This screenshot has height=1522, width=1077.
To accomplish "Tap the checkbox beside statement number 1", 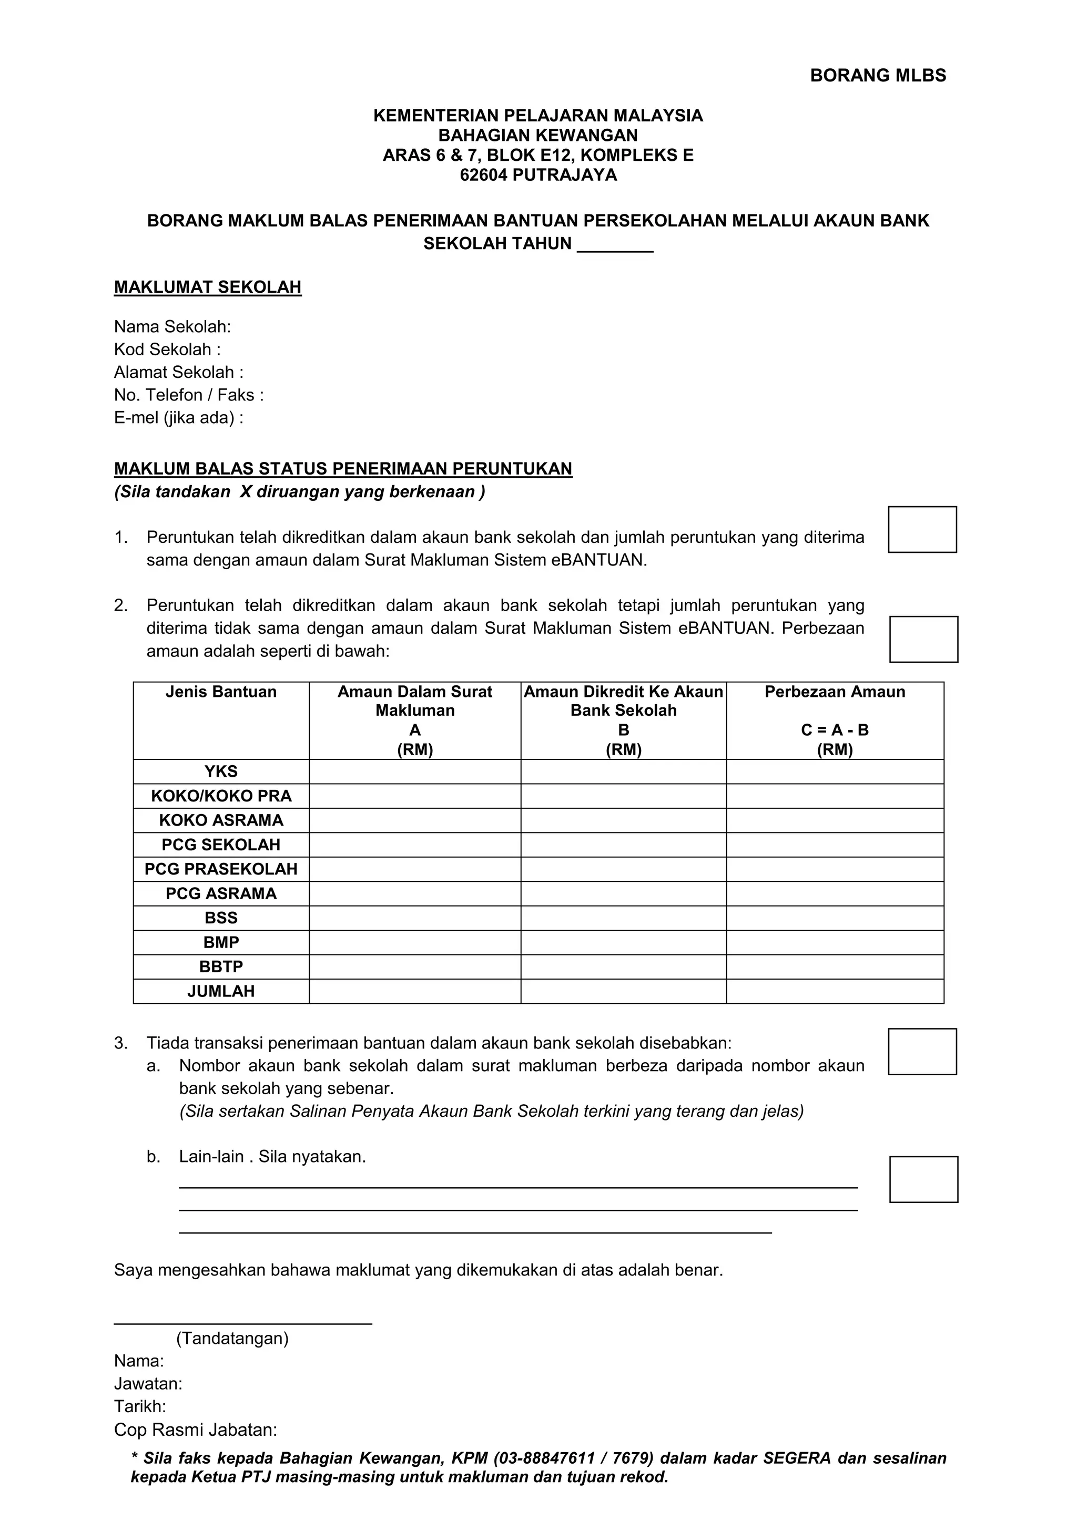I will click(x=922, y=529).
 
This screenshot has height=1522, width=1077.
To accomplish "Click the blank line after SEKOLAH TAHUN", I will click(x=615, y=244).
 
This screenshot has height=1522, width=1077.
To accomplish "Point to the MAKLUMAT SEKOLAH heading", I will click(x=208, y=287).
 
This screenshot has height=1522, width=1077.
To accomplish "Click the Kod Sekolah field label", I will click(x=167, y=349).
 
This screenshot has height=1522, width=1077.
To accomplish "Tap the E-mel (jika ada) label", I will click(x=178, y=418).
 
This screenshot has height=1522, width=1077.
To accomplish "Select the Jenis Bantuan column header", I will click(x=221, y=692).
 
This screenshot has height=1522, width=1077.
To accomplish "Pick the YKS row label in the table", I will click(x=221, y=772).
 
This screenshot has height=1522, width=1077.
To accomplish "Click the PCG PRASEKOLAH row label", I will click(x=221, y=869).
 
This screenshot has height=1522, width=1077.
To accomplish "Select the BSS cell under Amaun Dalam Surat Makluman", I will click(x=414, y=918).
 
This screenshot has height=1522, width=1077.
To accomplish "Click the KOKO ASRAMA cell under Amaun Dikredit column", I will click(x=623, y=821).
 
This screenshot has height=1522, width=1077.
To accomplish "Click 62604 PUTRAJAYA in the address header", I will click(x=538, y=175).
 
